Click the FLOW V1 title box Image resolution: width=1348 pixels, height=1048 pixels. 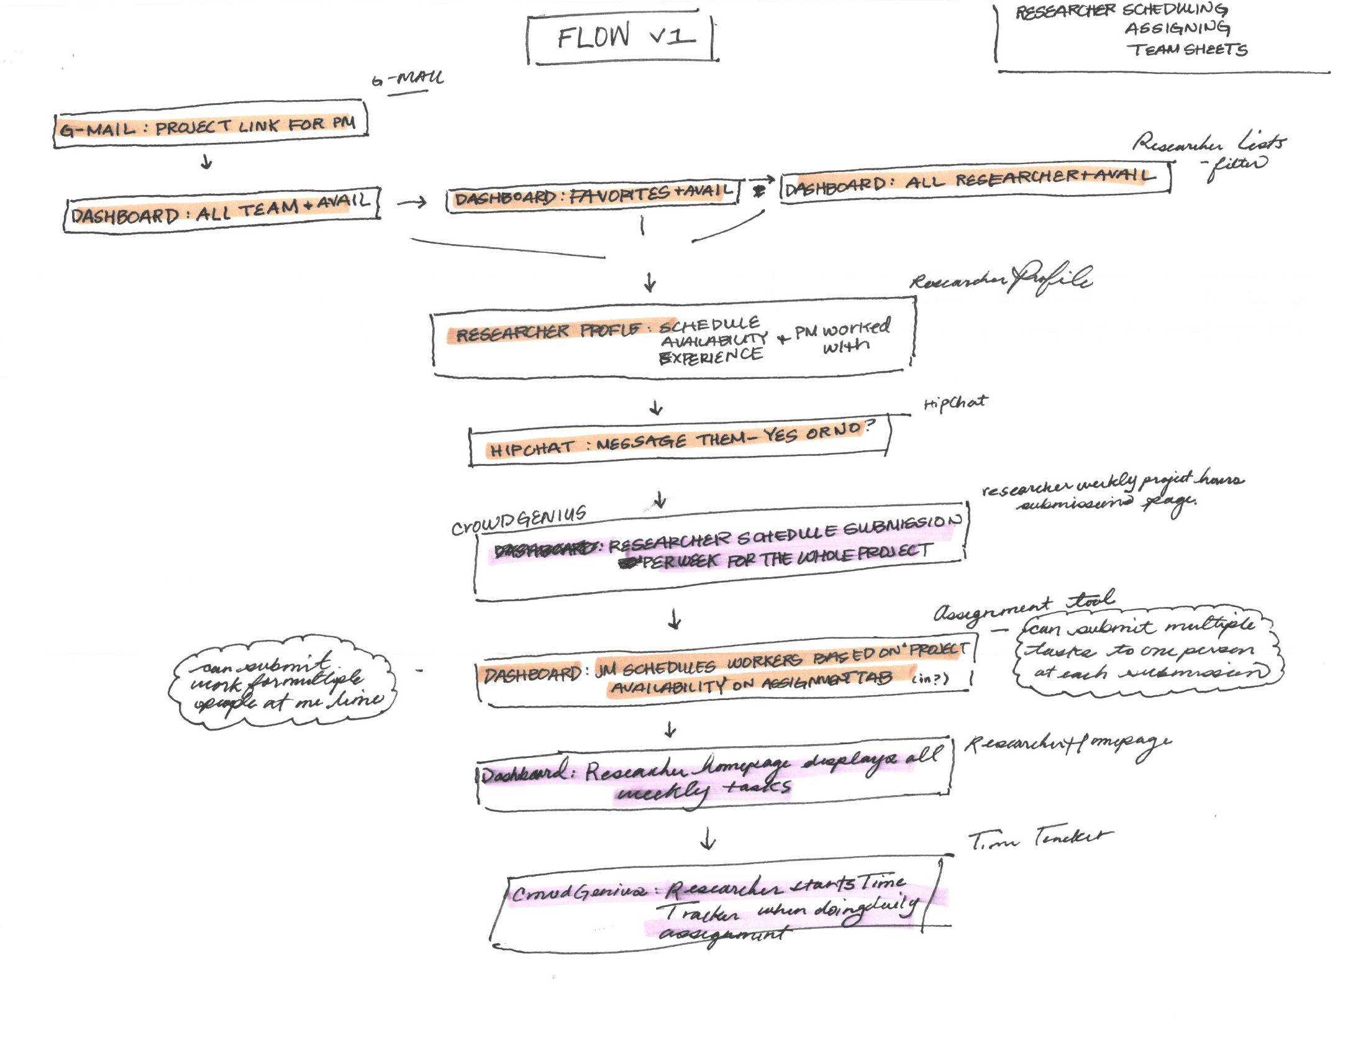point(622,37)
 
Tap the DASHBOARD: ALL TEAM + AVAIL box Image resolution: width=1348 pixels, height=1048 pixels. point(222,210)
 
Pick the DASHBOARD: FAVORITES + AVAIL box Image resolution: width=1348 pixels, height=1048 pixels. point(592,195)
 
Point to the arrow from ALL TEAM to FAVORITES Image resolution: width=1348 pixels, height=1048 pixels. point(412,202)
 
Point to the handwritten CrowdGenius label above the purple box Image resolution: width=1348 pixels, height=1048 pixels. point(519,520)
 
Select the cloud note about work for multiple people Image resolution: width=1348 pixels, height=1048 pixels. point(283,682)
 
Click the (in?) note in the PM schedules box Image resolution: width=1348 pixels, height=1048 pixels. point(930,678)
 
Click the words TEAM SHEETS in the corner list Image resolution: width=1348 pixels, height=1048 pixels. point(1187,50)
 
